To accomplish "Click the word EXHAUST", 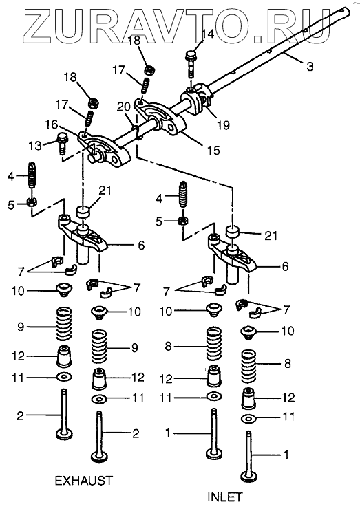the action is [x=84, y=481].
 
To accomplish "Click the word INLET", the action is [x=225, y=497].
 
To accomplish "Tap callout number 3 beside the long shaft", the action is [x=310, y=66].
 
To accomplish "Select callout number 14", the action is [x=207, y=34].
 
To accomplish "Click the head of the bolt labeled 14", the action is [x=191, y=56].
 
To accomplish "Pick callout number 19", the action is [x=224, y=124].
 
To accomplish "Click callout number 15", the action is [x=213, y=150].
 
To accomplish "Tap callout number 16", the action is [x=51, y=124].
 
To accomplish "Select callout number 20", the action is [x=124, y=106].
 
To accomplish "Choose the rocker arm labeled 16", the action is [x=104, y=149].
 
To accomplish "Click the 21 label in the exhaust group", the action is [x=105, y=191].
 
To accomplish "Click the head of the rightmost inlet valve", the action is [x=248, y=477].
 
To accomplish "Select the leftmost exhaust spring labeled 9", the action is [x=64, y=324].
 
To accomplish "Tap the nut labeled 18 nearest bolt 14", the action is [x=149, y=69].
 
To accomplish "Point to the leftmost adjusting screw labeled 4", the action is [x=32, y=175].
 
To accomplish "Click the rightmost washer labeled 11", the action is [x=248, y=418].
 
